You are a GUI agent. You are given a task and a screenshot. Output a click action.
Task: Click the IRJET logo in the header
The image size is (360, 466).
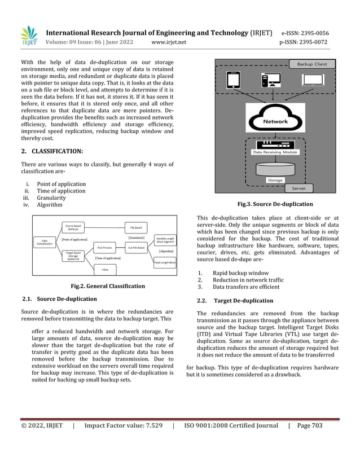[29, 37]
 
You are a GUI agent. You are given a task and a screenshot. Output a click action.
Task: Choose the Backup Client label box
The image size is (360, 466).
[311, 64]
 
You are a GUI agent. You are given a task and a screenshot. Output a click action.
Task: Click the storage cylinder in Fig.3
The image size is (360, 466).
[275, 169]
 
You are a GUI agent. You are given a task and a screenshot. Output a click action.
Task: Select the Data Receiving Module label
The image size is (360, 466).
[275, 152]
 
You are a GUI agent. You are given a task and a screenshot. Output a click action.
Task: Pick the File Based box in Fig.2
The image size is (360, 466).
[136, 227]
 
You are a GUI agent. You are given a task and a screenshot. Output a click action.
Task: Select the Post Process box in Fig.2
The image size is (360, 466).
[104, 248]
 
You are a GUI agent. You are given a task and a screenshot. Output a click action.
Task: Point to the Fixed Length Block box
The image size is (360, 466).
[165, 263]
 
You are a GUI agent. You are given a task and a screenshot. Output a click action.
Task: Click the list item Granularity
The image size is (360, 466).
[51, 198]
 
